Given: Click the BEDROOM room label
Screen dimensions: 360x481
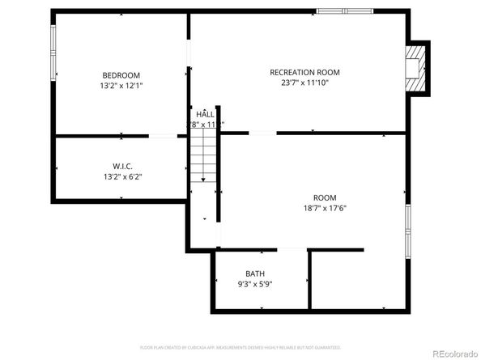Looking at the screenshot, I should click(x=121, y=74).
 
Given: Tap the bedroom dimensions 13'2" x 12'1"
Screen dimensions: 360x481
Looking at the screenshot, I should click(x=121, y=85).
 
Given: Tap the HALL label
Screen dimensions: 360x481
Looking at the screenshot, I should click(x=205, y=114).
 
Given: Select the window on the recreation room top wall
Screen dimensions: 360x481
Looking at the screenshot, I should click(x=345, y=11).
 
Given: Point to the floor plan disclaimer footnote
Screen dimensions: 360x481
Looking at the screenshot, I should click(x=240, y=347).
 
